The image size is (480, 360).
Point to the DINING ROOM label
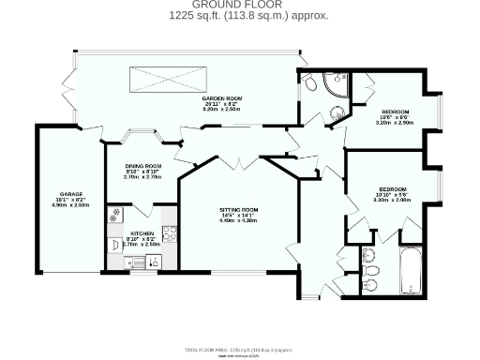coord(143,166)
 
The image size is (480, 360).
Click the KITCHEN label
coord(142,232)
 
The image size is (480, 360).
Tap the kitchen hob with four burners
coord(171,233)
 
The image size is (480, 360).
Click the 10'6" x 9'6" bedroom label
coord(388,112)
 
